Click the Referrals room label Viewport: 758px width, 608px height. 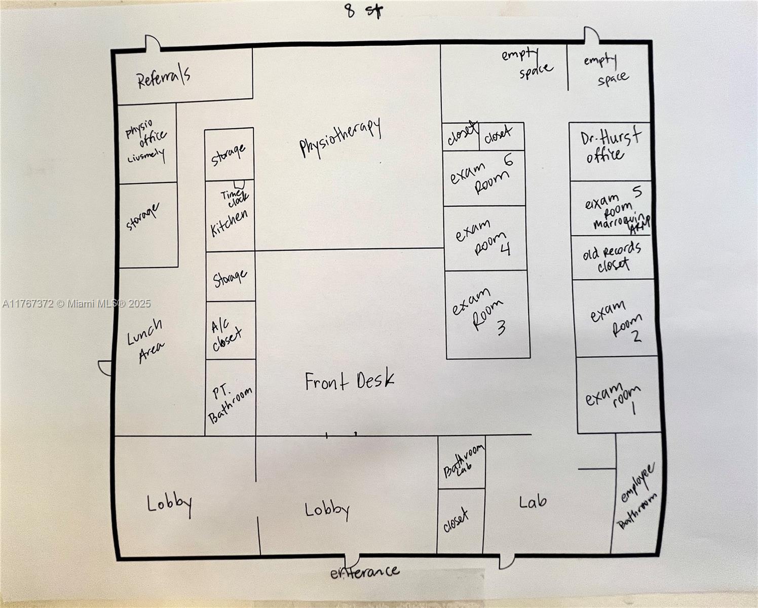[164, 77]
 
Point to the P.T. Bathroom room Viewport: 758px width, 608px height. [230, 398]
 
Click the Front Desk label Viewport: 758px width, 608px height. [349, 381]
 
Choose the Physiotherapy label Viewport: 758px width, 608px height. [340, 138]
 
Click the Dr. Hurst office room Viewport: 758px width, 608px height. [610, 150]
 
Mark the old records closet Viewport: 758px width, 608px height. [612, 257]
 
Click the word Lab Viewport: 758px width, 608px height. [533, 501]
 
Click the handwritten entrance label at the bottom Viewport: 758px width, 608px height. [364, 572]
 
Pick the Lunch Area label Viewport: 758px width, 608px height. [146, 340]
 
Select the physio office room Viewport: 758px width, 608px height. [147, 142]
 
